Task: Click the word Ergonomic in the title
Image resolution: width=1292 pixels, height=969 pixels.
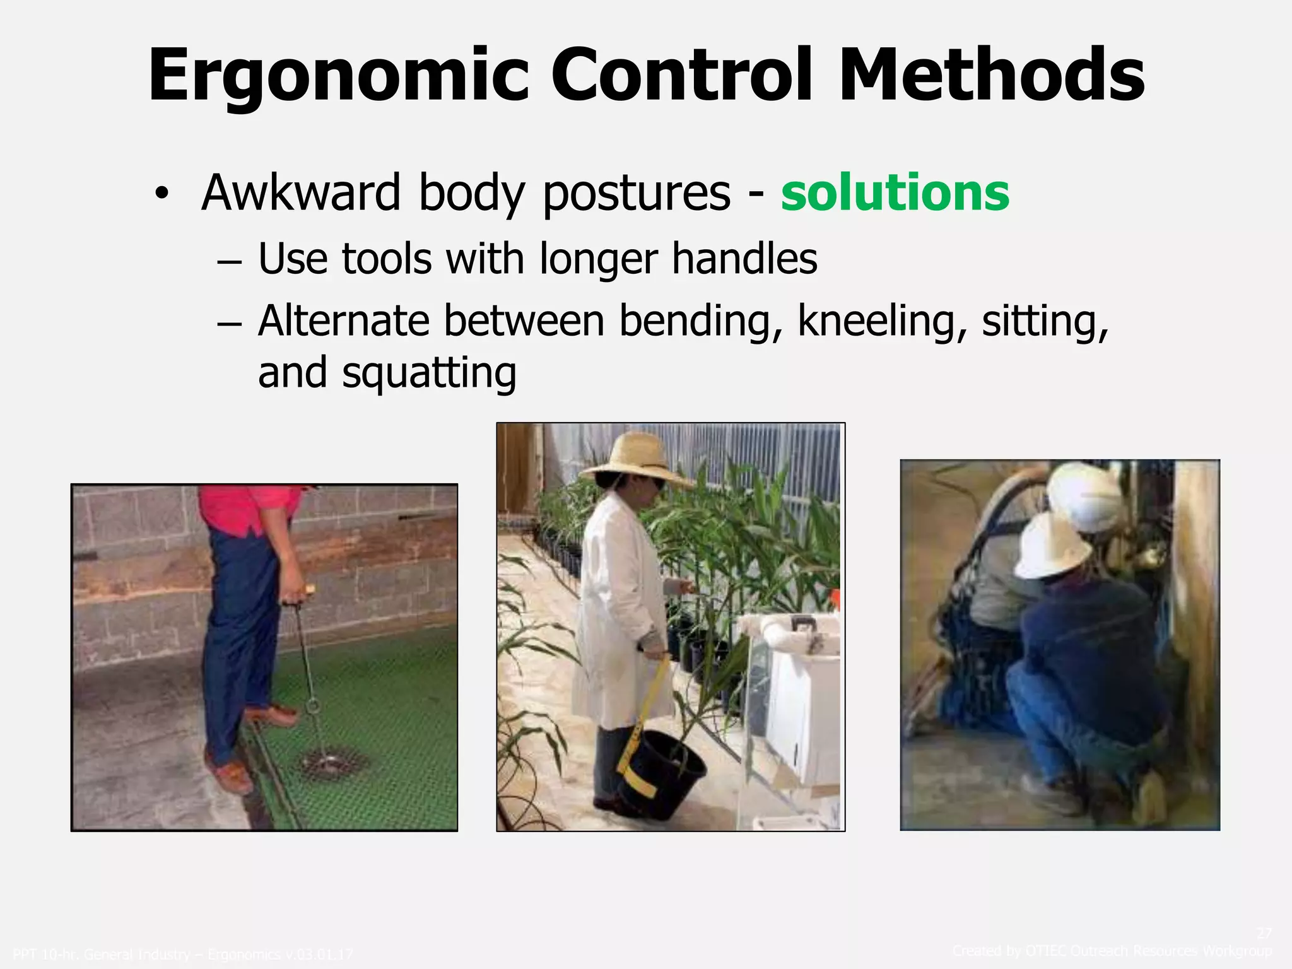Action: [x=339, y=76]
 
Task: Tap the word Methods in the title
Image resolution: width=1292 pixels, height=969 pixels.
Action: [x=991, y=76]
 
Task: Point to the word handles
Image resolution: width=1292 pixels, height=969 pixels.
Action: [x=744, y=259]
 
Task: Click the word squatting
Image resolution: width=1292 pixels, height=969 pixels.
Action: [x=429, y=373]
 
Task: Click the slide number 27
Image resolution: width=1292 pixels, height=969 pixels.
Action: [x=1264, y=933]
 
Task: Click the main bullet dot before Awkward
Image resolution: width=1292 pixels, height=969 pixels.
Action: [x=162, y=194]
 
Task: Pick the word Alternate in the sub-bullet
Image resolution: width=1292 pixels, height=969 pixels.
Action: [x=344, y=322]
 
